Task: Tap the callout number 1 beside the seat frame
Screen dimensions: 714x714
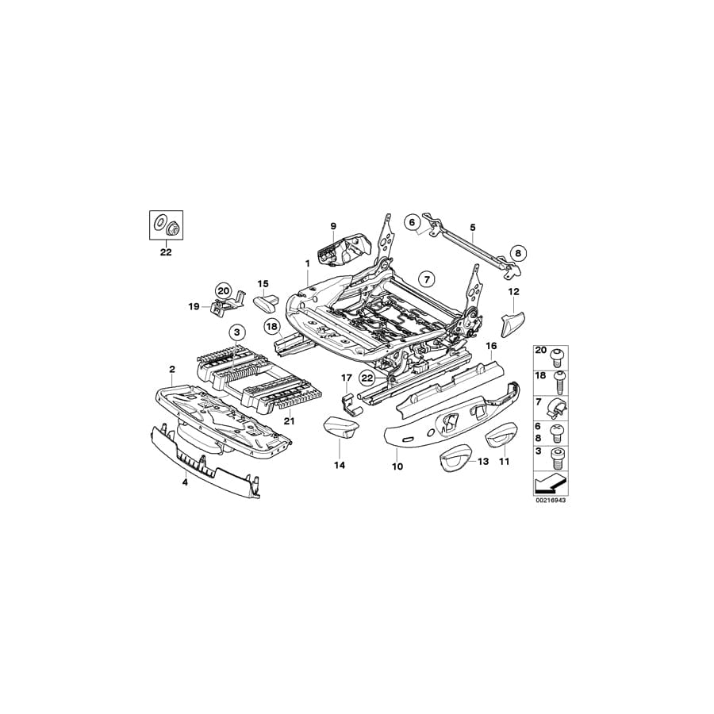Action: tap(306, 263)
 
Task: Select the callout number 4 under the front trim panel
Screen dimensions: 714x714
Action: tap(185, 482)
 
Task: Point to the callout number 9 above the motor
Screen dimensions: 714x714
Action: tap(333, 227)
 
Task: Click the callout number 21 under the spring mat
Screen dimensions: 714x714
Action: tap(289, 421)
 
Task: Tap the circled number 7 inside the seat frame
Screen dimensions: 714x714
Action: tap(426, 278)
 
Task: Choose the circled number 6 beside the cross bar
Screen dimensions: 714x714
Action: tap(413, 222)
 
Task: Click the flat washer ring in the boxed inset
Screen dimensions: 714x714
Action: tap(159, 221)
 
